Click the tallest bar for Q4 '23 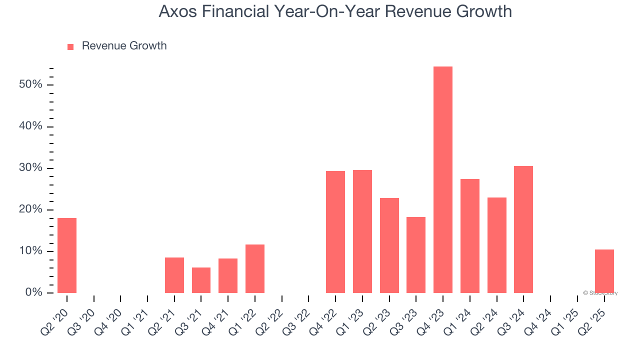(442, 179)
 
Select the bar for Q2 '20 (67, 255)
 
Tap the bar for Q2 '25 (604, 271)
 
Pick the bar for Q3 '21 (201, 280)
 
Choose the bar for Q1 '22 (255, 268)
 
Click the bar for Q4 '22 (335, 232)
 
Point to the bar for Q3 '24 (523, 229)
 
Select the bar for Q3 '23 (416, 254)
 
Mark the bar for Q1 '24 (469, 235)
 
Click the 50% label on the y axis (30, 84)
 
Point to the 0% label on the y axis (33, 292)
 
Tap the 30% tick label (30, 168)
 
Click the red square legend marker (70, 46)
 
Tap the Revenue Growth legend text (124, 46)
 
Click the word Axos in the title (177, 11)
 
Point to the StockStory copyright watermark (600, 293)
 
